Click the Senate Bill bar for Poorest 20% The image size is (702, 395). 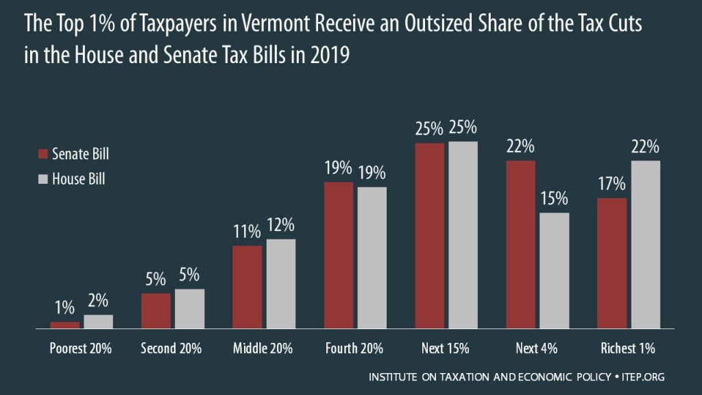tap(65, 326)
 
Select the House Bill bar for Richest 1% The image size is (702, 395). tap(645, 245)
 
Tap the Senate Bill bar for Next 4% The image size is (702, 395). tap(520, 245)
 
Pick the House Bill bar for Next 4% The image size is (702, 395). tap(554, 271)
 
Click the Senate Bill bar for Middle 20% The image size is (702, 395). tap(247, 287)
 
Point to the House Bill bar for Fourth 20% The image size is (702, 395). tap(372, 258)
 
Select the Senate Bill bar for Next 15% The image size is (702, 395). tap(430, 236)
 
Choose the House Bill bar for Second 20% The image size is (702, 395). tap(189, 309)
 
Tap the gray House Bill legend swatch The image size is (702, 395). tap(42, 179)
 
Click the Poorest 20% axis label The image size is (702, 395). tap(80, 348)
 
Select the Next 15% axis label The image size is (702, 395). tap(446, 348)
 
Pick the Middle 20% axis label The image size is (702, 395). tap(263, 348)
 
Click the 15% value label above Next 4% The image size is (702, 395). tap(554, 200)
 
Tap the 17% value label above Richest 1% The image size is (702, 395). tap(611, 184)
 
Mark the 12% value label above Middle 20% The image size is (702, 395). tap(280, 225)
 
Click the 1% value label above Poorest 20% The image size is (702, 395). tap(64, 308)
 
